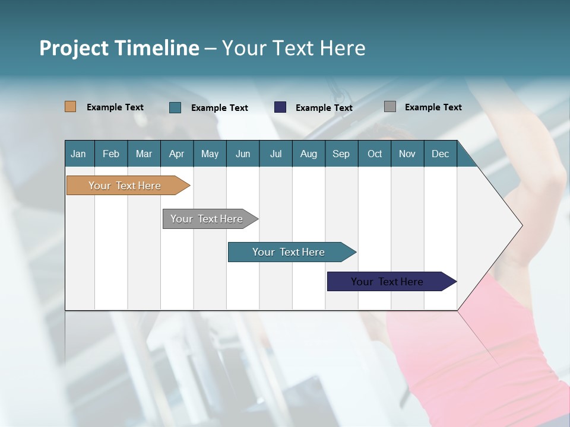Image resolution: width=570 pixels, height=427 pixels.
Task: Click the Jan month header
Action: click(x=79, y=154)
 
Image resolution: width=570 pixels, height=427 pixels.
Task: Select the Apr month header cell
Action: click(x=177, y=154)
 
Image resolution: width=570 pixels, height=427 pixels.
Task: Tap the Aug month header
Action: click(x=309, y=154)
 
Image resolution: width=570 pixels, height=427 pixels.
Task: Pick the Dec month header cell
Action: click(x=440, y=154)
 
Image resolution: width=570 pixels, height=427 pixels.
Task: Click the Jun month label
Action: click(x=243, y=154)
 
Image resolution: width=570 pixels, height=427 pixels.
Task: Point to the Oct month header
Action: click(x=375, y=154)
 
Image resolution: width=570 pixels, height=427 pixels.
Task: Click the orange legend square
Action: click(x=71, y=107)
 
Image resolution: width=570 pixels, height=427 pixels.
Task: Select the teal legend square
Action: click(x=175, y=107)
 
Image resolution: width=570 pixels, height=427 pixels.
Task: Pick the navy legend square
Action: click(x=280, y=107)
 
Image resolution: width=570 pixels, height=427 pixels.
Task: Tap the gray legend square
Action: click(x=390, y=107)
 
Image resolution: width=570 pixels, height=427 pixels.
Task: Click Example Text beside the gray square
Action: click(x=433, y=107)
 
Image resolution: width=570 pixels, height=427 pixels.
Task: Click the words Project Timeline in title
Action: click(x=119, y=48)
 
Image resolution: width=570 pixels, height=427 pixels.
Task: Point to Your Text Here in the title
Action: click(x=293, y=48)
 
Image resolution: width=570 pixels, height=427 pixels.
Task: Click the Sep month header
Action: click(x=341, y=154)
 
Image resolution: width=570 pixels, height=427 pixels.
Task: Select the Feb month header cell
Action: click(x=111, y=154)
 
